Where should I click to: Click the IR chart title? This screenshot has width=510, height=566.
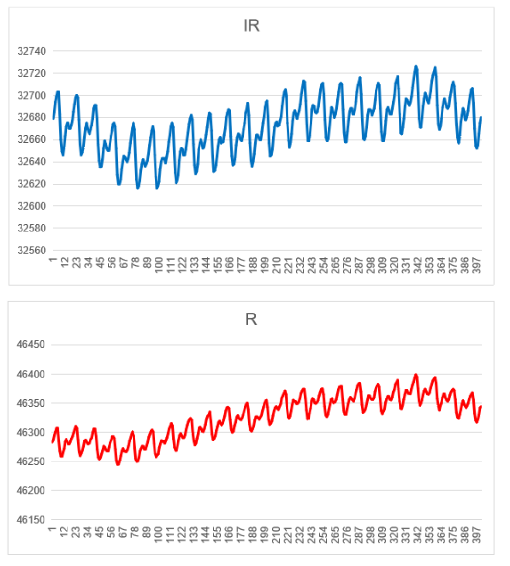251,26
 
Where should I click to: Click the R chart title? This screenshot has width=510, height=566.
251,319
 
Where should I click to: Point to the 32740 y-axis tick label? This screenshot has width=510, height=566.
31,51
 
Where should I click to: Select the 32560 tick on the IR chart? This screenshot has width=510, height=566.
31,251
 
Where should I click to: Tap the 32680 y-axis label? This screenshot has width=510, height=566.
31,118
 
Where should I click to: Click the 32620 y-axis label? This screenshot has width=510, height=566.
31,184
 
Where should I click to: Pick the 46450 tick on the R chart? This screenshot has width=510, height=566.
31,345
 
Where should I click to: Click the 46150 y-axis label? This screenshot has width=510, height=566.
31,520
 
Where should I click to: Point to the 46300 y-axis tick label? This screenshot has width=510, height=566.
31,432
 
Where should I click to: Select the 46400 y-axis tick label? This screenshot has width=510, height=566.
31,374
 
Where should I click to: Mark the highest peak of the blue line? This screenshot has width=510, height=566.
416,66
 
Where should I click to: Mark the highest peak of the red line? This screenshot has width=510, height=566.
416,375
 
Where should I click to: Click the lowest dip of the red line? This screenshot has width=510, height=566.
118,464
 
